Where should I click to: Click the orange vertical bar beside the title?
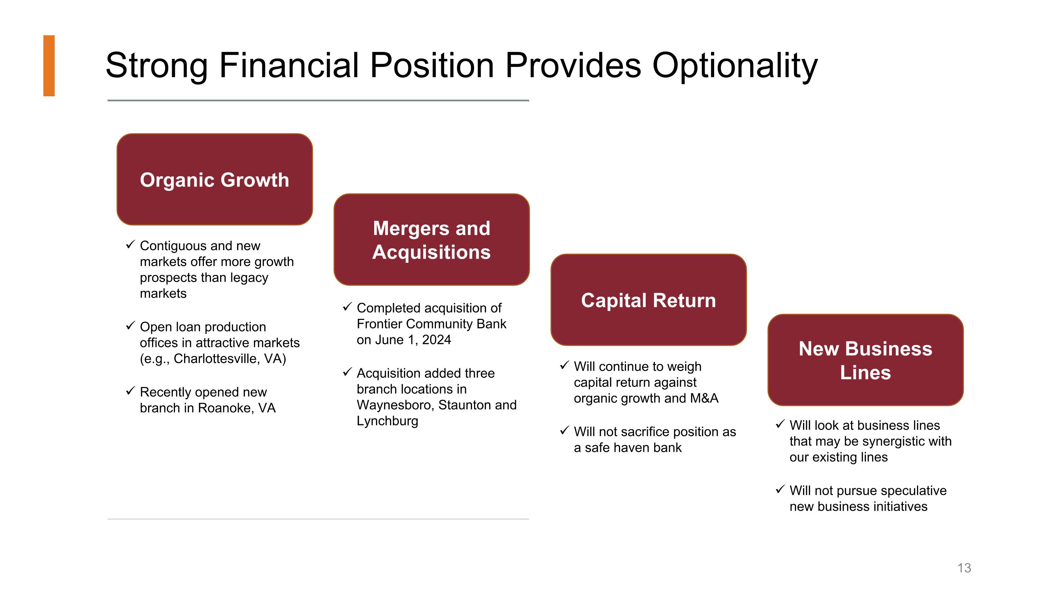(49, 66)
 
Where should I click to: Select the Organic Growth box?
(214, 180)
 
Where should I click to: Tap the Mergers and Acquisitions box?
(431, 240)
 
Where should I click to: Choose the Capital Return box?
(648, 300)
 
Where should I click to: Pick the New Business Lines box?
(865, 360)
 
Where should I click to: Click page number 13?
(964, 568)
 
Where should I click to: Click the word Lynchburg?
(387, 421)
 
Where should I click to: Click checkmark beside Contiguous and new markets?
(130, 245)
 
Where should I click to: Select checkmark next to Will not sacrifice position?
(564, 431)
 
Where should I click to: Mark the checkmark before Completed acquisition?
(347, 307)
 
